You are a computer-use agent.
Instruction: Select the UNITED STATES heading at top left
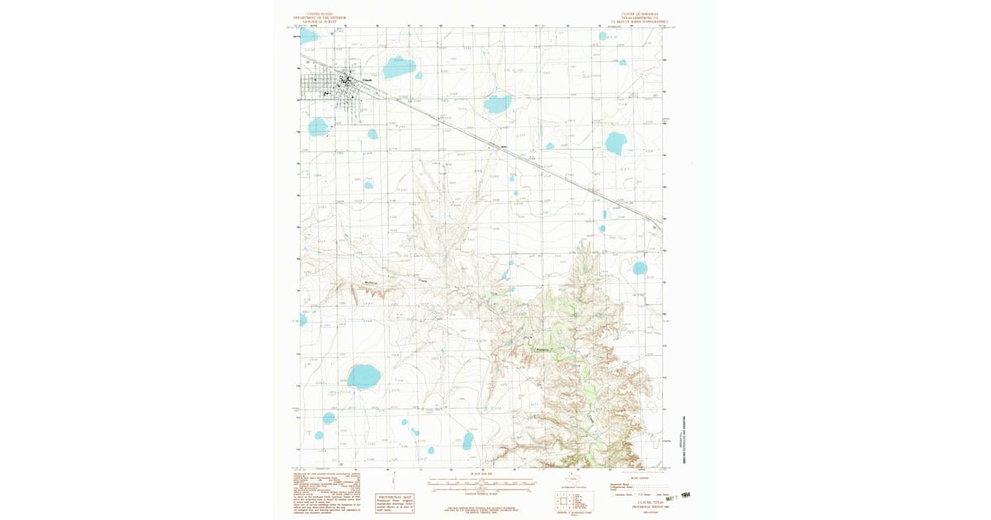click(x=317, y=15)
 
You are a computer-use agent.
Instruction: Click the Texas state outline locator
click(x=571, y=478)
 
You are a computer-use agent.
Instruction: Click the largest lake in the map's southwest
click(x=363, y=376)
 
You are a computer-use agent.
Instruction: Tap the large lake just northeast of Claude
click(x=399, y=68)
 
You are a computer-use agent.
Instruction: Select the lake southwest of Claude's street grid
click(x=317, y=126)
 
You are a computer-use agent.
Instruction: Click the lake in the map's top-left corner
click(x=308, y=36)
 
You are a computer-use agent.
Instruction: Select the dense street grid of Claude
click(x=330, y=87)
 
